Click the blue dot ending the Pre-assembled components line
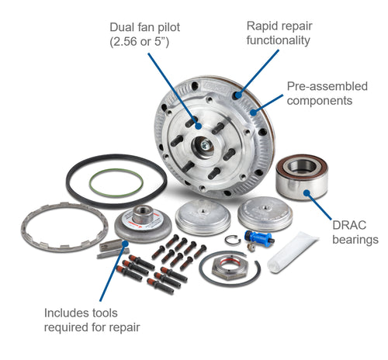click(254, 112)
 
